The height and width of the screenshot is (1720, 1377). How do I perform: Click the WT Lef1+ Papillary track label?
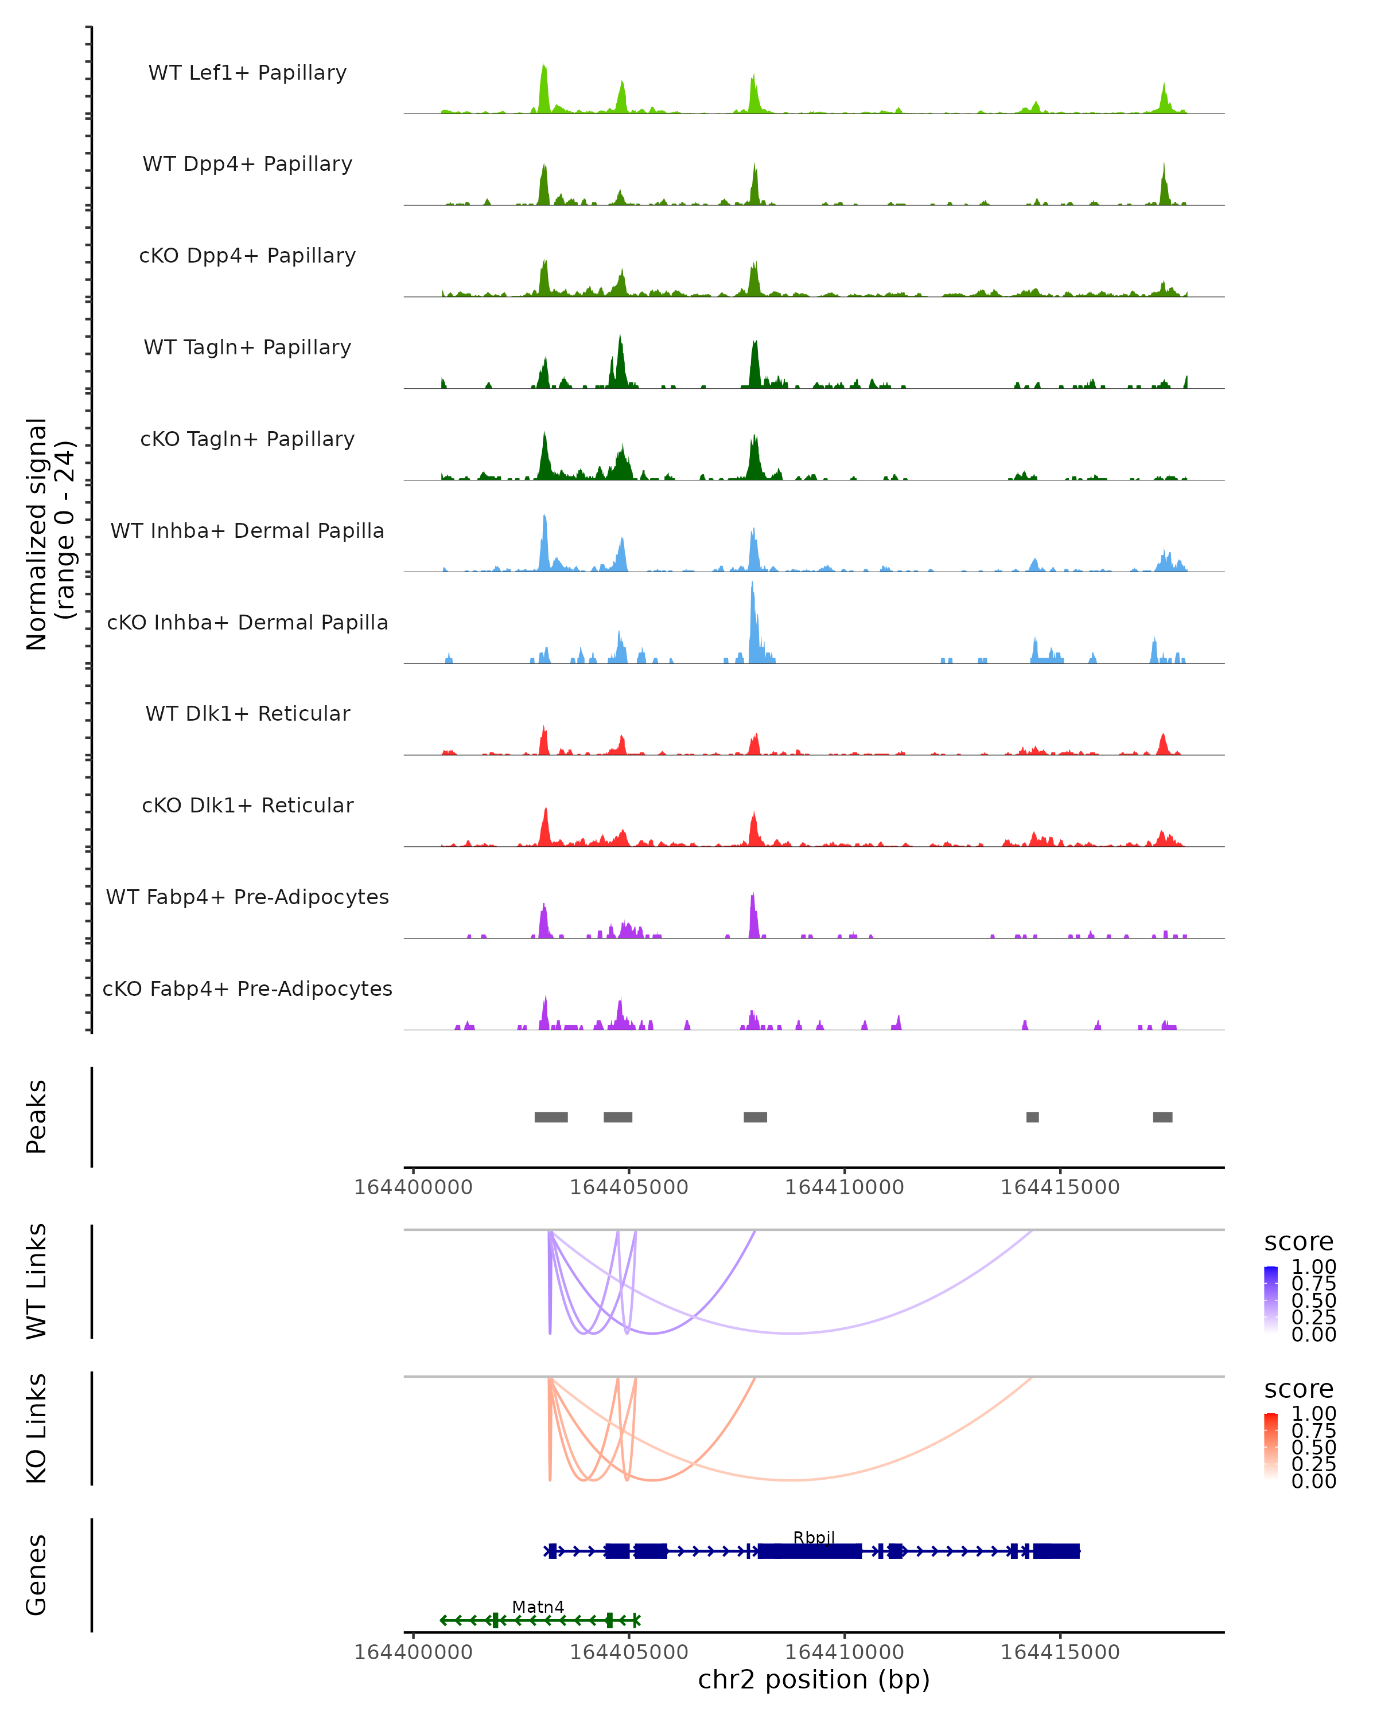point(247,73)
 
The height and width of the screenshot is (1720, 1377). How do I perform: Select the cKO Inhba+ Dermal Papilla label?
point(247,622)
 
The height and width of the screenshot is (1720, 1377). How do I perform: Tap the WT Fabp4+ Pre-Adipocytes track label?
point(247,897)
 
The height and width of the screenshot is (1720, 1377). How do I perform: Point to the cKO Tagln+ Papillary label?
point(247,439)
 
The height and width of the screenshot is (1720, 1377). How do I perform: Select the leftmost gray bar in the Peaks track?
point(551,1117)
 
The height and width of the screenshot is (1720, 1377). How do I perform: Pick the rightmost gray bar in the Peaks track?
point(1162,1117)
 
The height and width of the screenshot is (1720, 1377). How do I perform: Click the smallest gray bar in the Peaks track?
point(1032,1117)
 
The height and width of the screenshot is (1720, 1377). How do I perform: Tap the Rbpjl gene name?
point(814,1537)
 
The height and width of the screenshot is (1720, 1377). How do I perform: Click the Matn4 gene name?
point(538,1606)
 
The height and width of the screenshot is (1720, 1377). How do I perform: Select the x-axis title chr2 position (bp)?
point(814,1679)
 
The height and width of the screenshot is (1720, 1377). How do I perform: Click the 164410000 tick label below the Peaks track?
point(845,1187)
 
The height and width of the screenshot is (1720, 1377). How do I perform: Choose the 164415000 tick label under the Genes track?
point(1060,1652)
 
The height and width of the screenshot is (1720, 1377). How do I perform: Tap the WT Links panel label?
point(37,1281)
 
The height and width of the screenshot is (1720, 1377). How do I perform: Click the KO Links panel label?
point(37,1428)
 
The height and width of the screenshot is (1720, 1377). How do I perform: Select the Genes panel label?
point(37,1575)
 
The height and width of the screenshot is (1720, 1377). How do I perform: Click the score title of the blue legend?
point(1299,1242)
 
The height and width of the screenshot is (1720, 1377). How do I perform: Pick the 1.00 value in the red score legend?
point(1314,1414)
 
